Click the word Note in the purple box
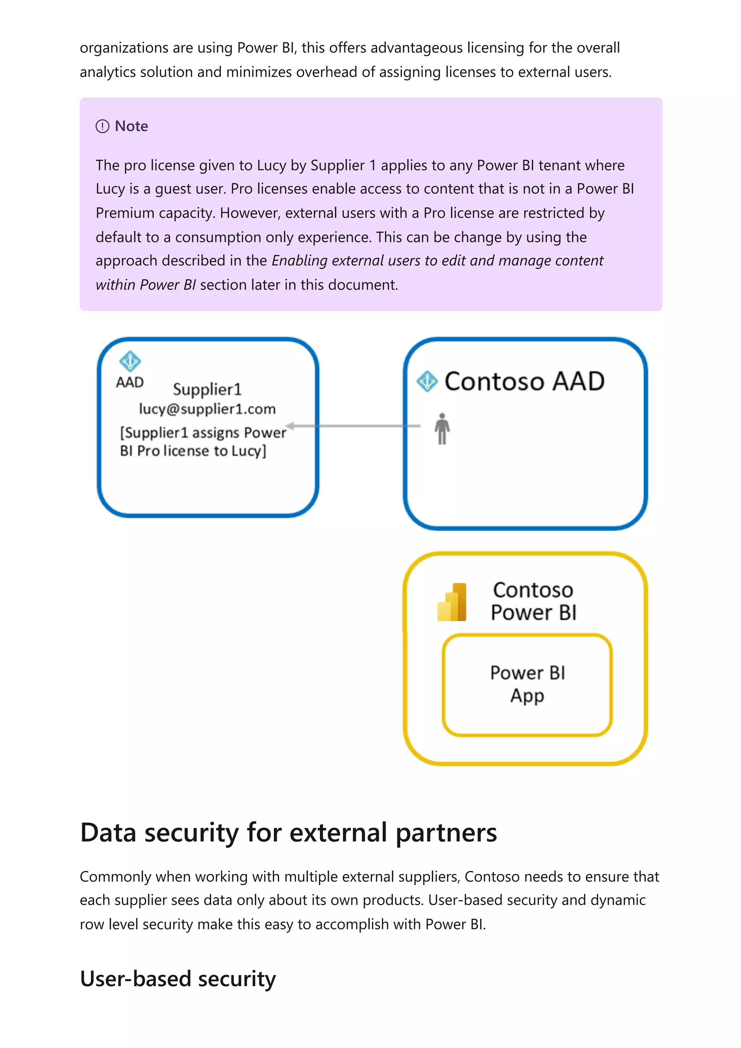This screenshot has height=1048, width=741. [x=131, y=126]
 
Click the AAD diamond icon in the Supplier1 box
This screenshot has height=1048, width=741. [x=130, y=362]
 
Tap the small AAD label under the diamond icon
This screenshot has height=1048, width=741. [x=130, y=383]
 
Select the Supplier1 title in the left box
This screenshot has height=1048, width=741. [x=207, y=389]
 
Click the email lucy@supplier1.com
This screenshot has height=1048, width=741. [x=207, y=409]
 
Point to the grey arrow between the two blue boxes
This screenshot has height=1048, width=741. [x=354, y=426]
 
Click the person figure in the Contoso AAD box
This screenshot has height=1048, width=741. [x=442, y=429]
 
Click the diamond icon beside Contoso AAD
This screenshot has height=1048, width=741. [x=427, y=382]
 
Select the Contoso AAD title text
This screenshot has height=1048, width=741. [x=525, y=382]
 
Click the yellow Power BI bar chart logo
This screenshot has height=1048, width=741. [x=452, y=602]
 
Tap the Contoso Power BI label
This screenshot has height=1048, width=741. [x=533, y=601]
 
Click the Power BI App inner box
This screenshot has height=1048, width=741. [x=527, y=684]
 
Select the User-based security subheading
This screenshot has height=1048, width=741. [x=178, y=979]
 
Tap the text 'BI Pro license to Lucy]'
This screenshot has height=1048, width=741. [x=193, y=451]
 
